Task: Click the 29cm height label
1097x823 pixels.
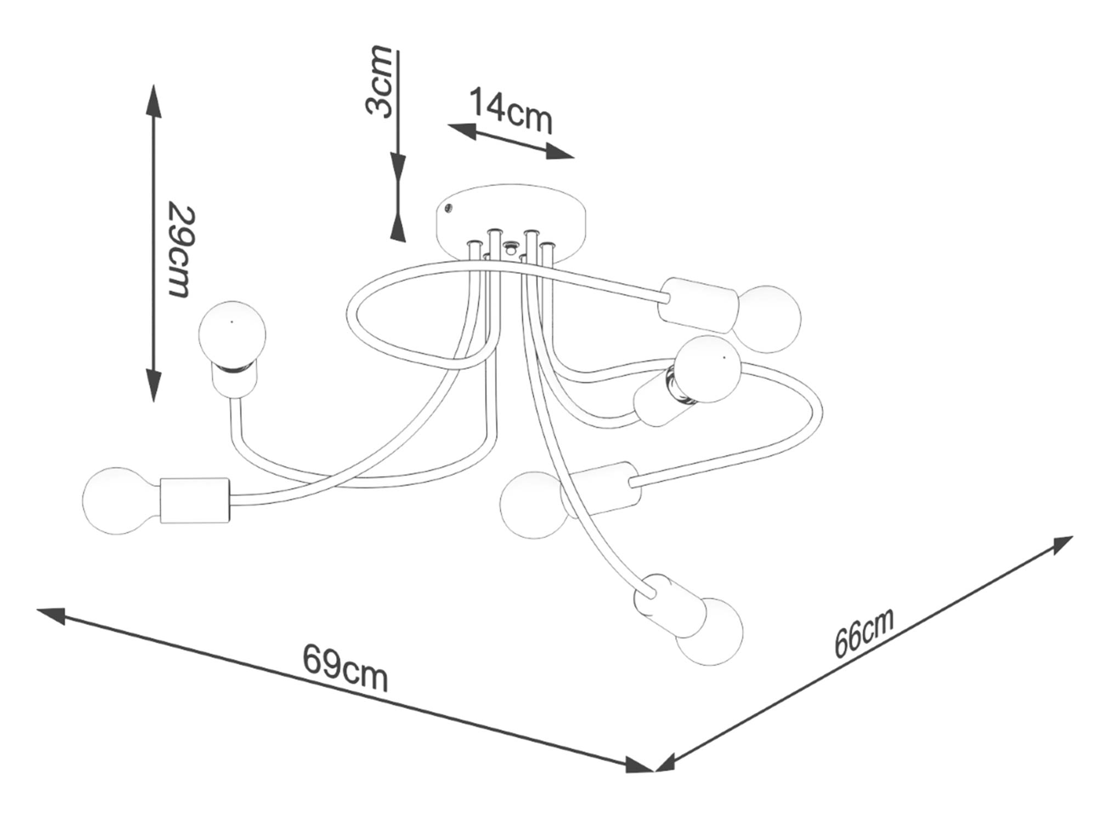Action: click(x=180, y=251)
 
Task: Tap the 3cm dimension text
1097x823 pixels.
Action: click(x=380, y=82)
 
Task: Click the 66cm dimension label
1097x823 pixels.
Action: click(x=864, y=632)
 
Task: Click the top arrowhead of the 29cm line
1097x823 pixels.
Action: click(x=154, y=102)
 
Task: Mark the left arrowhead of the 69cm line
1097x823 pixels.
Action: click(x=52, y=615)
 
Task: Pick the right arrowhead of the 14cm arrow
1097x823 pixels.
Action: click(x=559, y=152)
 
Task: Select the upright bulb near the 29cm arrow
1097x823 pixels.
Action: click(x=232, y=334)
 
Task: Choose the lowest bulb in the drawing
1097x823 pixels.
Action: click(x=710, y=631)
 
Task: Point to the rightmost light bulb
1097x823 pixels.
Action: click(x=768, y=318)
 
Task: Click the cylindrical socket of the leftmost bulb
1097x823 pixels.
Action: click(x=195, y=500)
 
